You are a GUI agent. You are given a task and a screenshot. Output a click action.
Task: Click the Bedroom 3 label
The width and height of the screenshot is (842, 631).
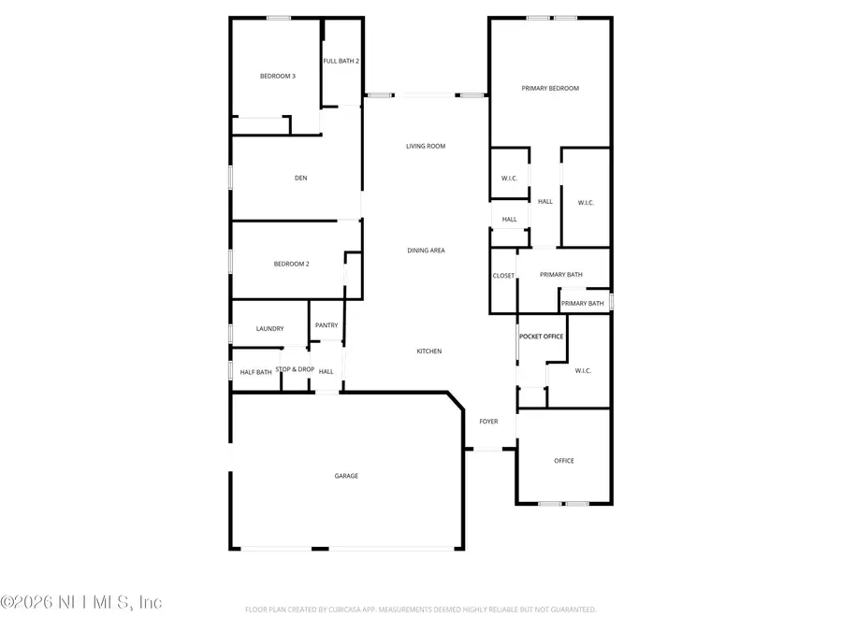tap(278, 76)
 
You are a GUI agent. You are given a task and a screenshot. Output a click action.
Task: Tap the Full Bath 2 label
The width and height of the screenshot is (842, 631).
tap(341, 61)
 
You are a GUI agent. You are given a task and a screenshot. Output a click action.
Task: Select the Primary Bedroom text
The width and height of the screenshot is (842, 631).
tap(550, 89)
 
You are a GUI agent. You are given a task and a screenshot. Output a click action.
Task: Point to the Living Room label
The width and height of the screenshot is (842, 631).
tap(426, 146)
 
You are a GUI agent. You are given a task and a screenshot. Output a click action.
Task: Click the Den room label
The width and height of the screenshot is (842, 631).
tap(300, 178)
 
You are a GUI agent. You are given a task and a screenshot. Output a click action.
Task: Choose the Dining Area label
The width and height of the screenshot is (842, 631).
tap(426, 251)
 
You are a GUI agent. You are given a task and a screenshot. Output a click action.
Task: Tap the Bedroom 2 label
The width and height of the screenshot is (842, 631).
tap(291, 264)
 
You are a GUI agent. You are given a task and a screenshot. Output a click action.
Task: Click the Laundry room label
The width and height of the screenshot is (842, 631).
tap(269, 329)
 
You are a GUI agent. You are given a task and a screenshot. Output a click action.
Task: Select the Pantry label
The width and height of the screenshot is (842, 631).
tap(327, 325)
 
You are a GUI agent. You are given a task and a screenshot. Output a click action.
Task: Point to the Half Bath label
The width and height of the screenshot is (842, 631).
tap(255, 372)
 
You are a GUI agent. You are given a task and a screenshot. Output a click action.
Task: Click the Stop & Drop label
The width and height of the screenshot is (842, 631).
tap(295, 369)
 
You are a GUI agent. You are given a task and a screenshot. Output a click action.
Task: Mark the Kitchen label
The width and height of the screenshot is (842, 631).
tap(429, 351)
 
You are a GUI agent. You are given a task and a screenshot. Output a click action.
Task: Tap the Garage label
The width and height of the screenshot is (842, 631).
tap(346, 476)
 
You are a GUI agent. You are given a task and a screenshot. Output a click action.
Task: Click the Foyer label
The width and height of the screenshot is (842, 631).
tap(488, 422)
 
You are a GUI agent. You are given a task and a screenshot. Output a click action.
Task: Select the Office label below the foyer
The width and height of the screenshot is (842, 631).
tap(563, 461)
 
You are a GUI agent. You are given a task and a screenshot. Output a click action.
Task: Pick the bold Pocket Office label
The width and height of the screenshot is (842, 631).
tap(541, 337)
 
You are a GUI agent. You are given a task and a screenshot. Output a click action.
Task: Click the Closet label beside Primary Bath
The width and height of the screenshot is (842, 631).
tap(503, 276)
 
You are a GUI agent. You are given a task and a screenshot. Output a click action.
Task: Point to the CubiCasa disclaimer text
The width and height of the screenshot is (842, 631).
tap(420, 609)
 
